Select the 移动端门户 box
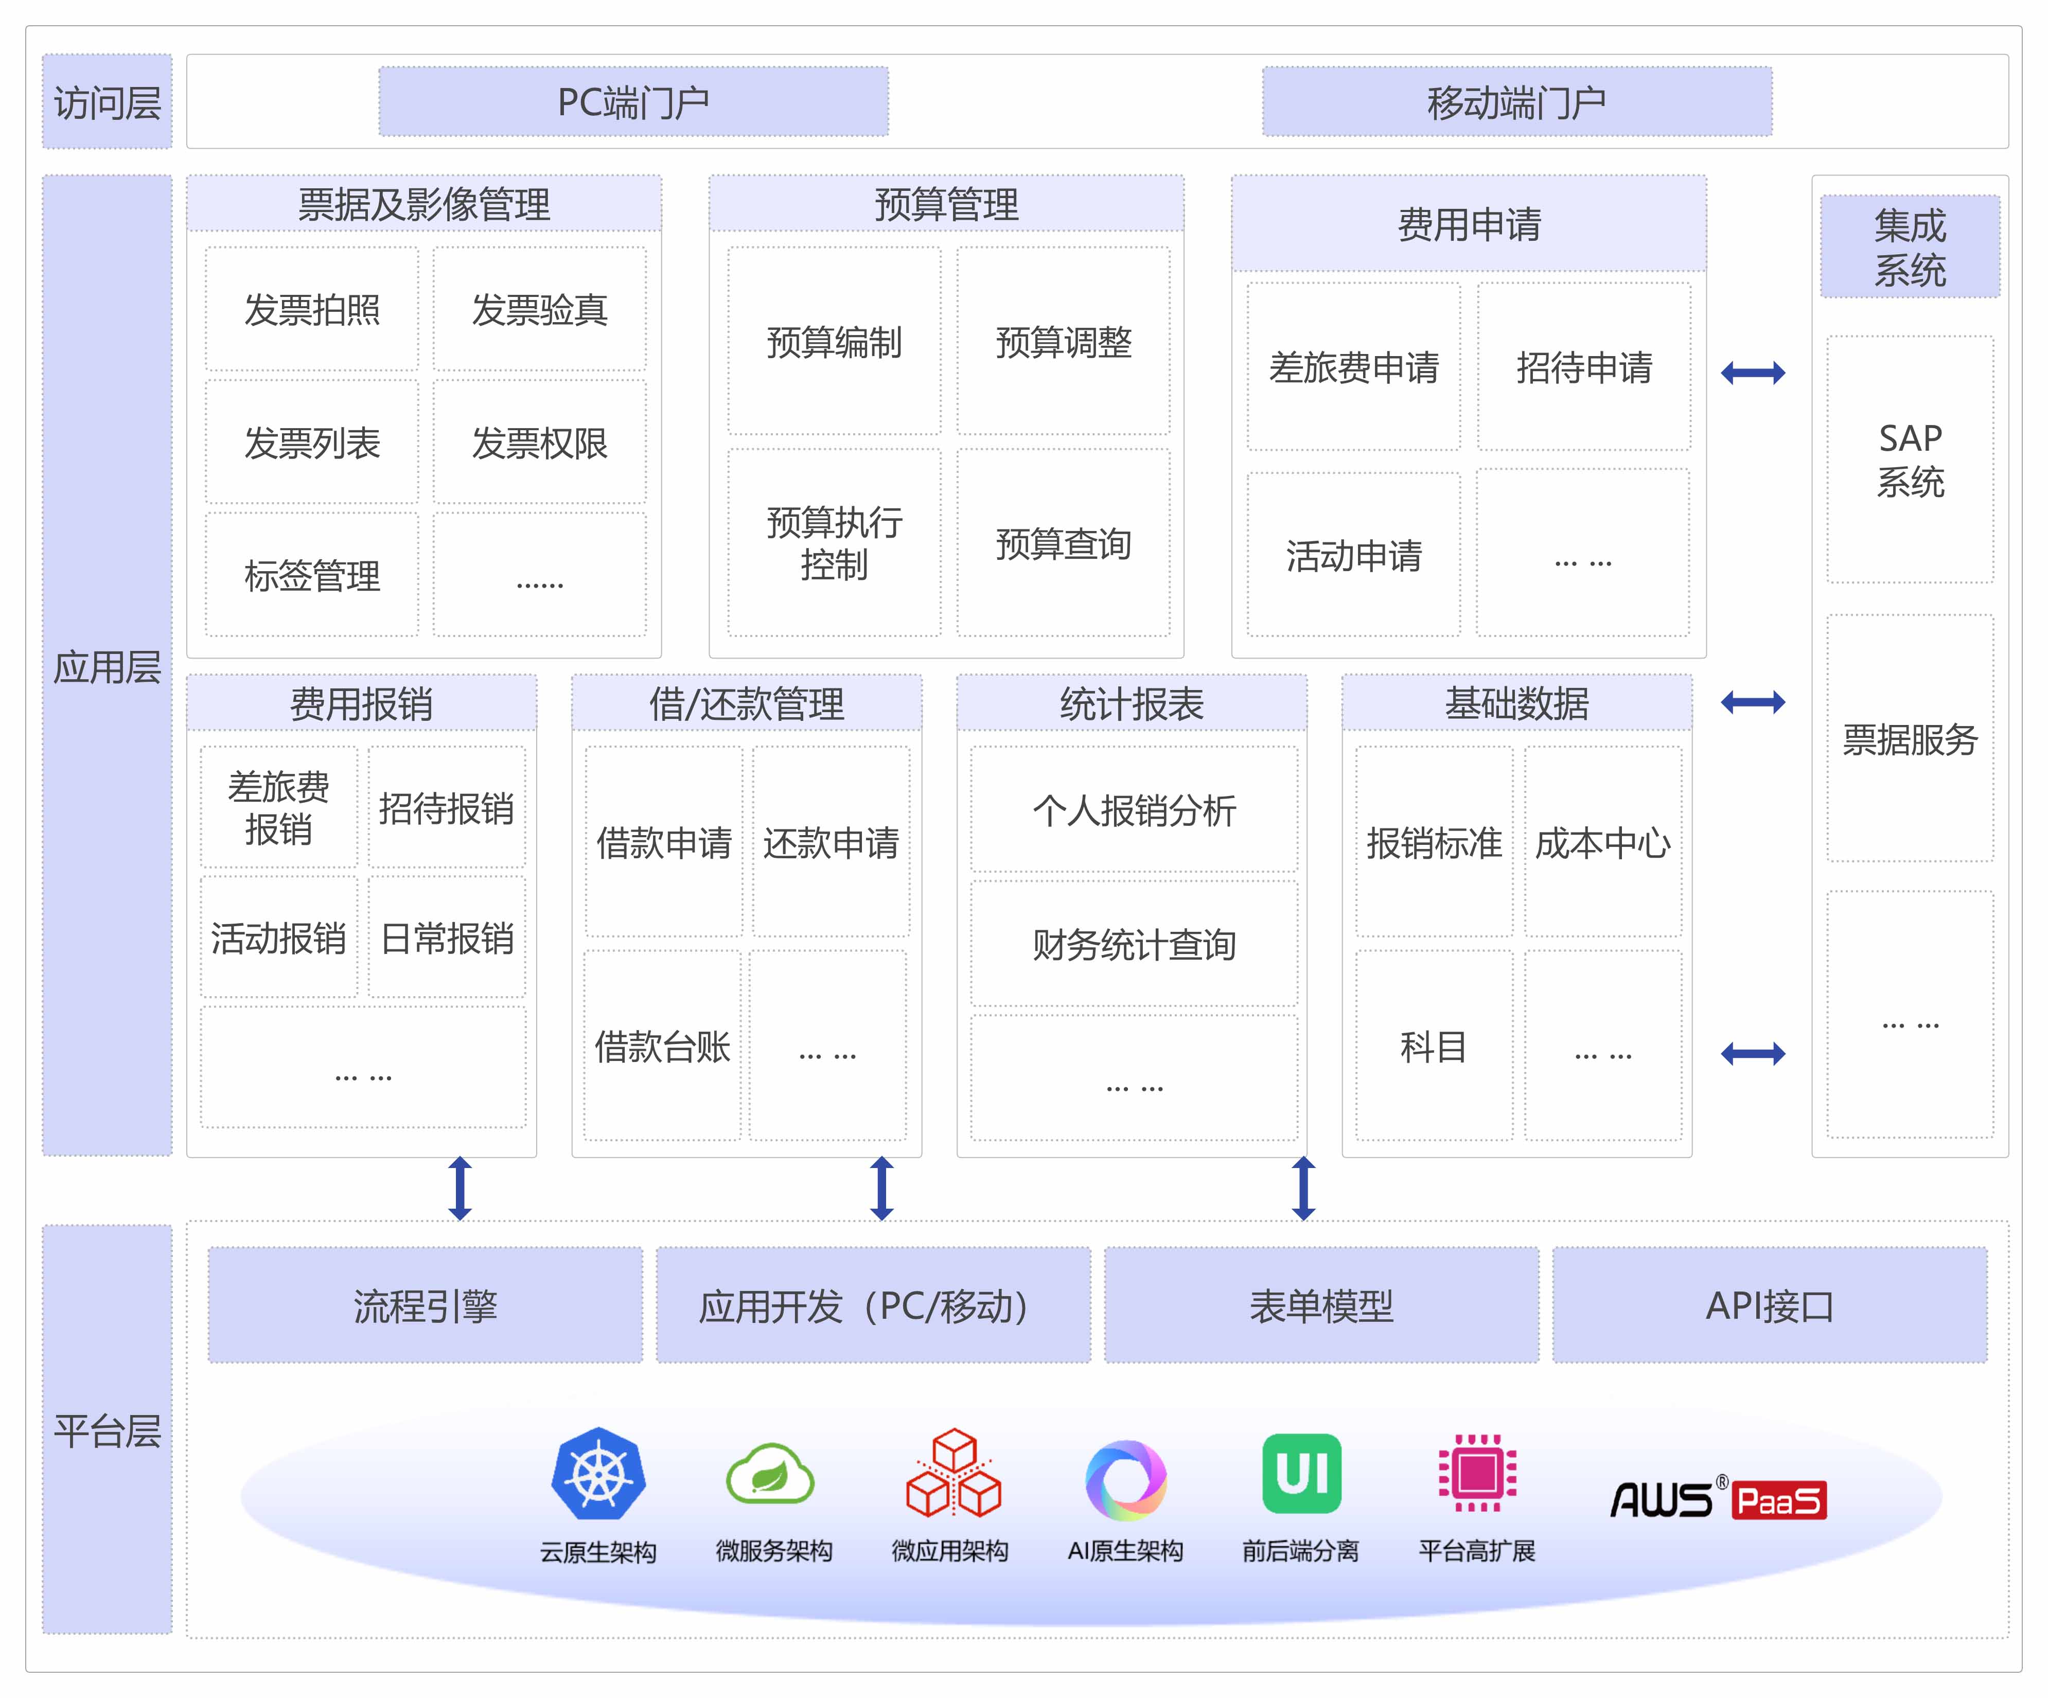[1516, 101]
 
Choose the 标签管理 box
[312, 575]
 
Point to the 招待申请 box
[1584, 367]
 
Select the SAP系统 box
[1910, 459]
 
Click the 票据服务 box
[1910, 738]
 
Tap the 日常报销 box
[447, 938]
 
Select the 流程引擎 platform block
[425, 1305]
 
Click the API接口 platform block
[1769, 1305]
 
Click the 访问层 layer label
[107, 101]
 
